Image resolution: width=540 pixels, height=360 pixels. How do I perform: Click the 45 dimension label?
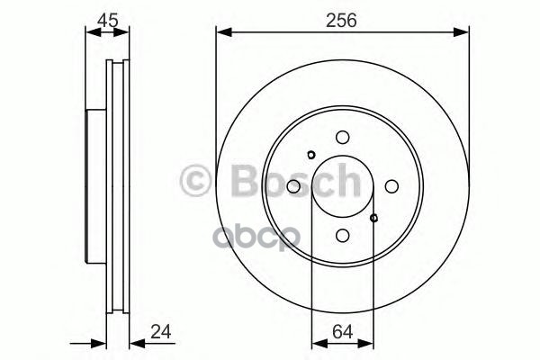coord(107,19)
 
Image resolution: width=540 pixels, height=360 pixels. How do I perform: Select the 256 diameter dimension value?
coord(343,19)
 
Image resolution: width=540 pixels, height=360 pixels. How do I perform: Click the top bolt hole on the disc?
coord(342,138)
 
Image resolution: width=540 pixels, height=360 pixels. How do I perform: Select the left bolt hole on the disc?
coord(293,186)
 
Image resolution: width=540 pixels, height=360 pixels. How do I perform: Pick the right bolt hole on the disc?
coord(391,186)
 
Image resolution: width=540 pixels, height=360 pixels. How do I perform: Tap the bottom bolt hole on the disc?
coord(342,235)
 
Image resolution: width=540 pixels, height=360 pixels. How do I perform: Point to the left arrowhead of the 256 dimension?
coord(221,34)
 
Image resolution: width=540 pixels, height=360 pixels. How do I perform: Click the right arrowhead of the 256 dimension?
coord(464,34)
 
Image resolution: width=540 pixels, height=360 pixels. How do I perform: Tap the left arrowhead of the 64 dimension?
coord(316,342)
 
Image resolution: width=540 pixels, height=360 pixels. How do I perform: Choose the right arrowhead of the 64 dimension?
coord(370,342)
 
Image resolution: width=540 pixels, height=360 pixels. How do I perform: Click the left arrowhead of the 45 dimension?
coord(89,34)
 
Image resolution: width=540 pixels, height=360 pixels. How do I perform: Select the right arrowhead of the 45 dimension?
coord(125,34)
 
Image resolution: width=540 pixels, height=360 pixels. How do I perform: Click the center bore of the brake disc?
coord(342,186)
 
